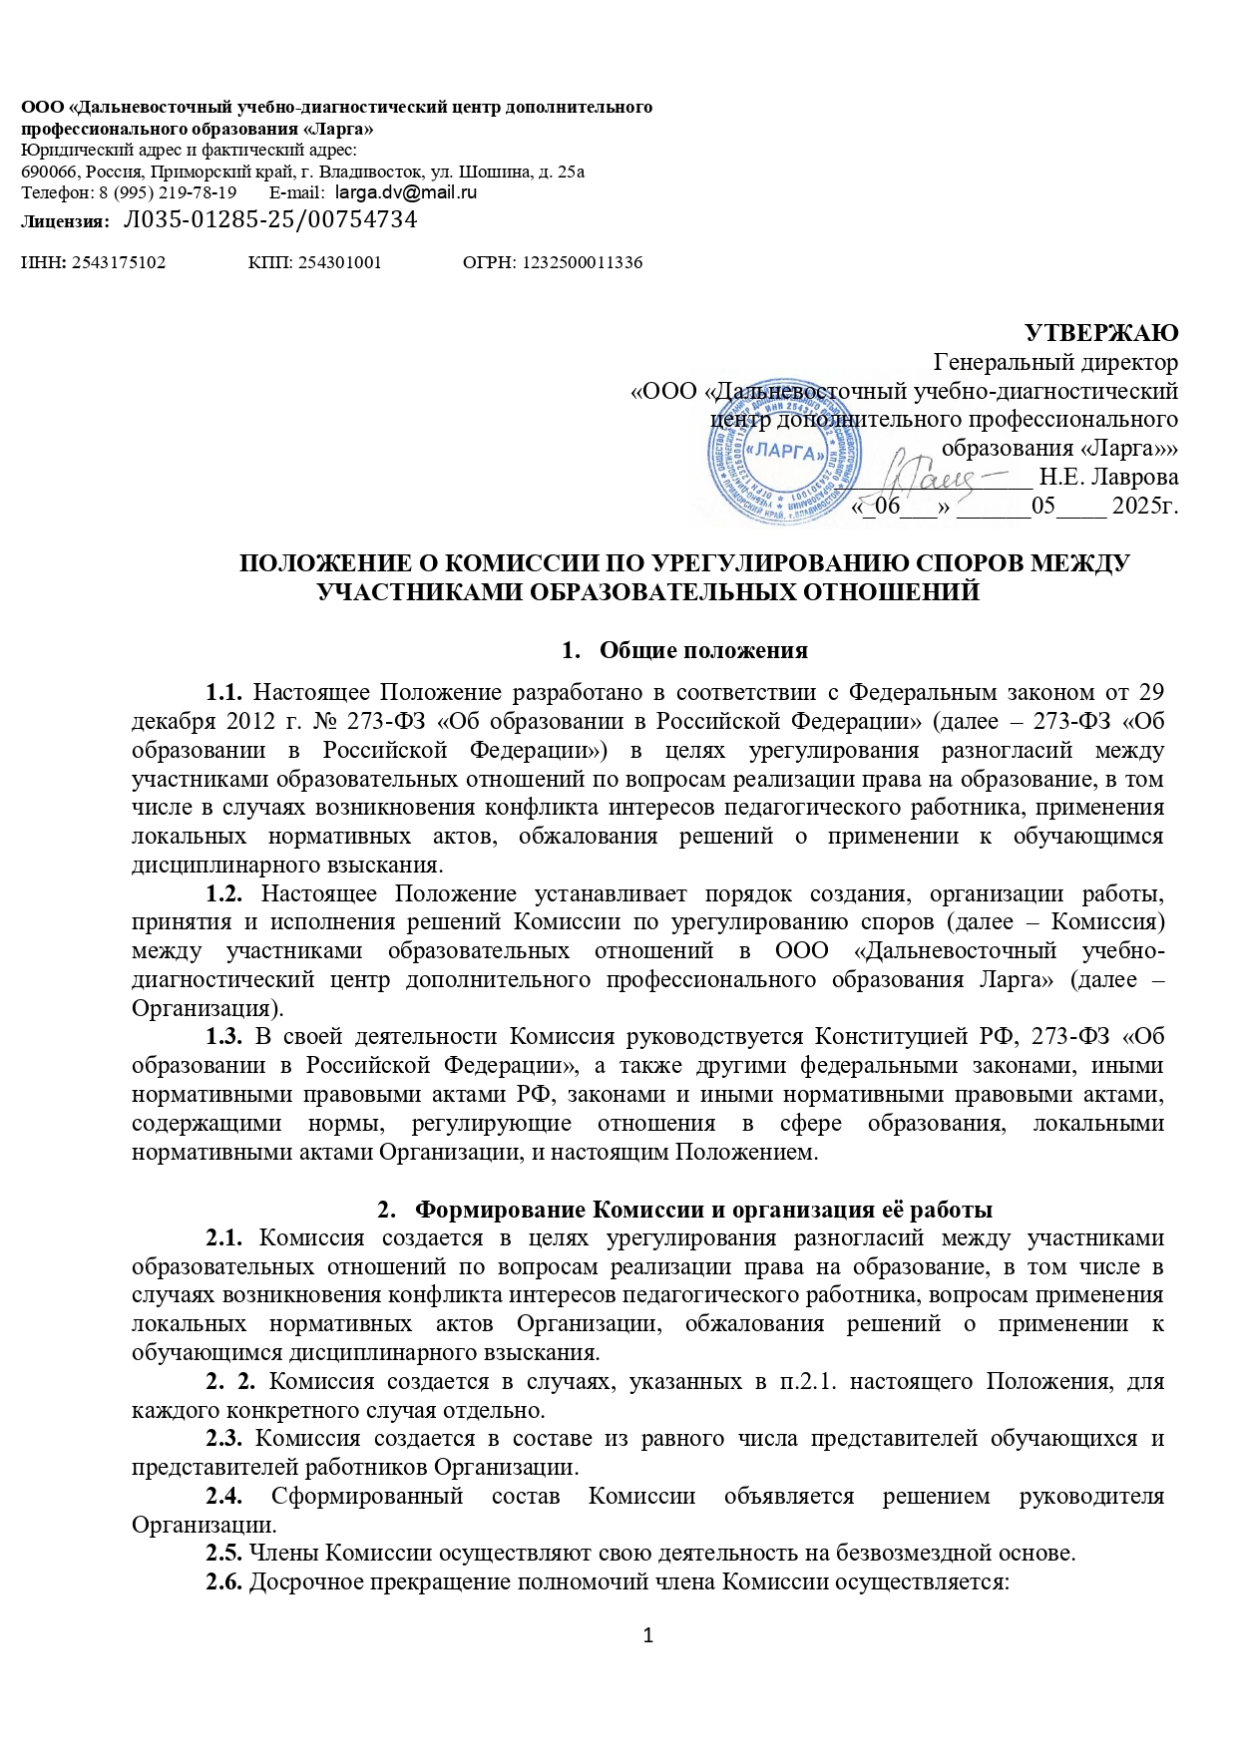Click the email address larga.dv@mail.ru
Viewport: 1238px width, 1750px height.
click(405, 192)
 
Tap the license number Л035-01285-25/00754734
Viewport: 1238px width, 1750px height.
click(269, 219)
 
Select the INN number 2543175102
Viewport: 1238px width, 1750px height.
click(120, 263)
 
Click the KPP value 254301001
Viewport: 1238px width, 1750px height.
click(339, 263)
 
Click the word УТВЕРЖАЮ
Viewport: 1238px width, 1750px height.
click(1102, 332)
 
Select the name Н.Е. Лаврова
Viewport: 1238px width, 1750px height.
click(1108, 477)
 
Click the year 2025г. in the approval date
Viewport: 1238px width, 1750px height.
click(1144, 506)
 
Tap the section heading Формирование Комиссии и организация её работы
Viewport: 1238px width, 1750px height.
click(702, 1211)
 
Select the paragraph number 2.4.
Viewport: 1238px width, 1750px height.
click(224, 1497)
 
